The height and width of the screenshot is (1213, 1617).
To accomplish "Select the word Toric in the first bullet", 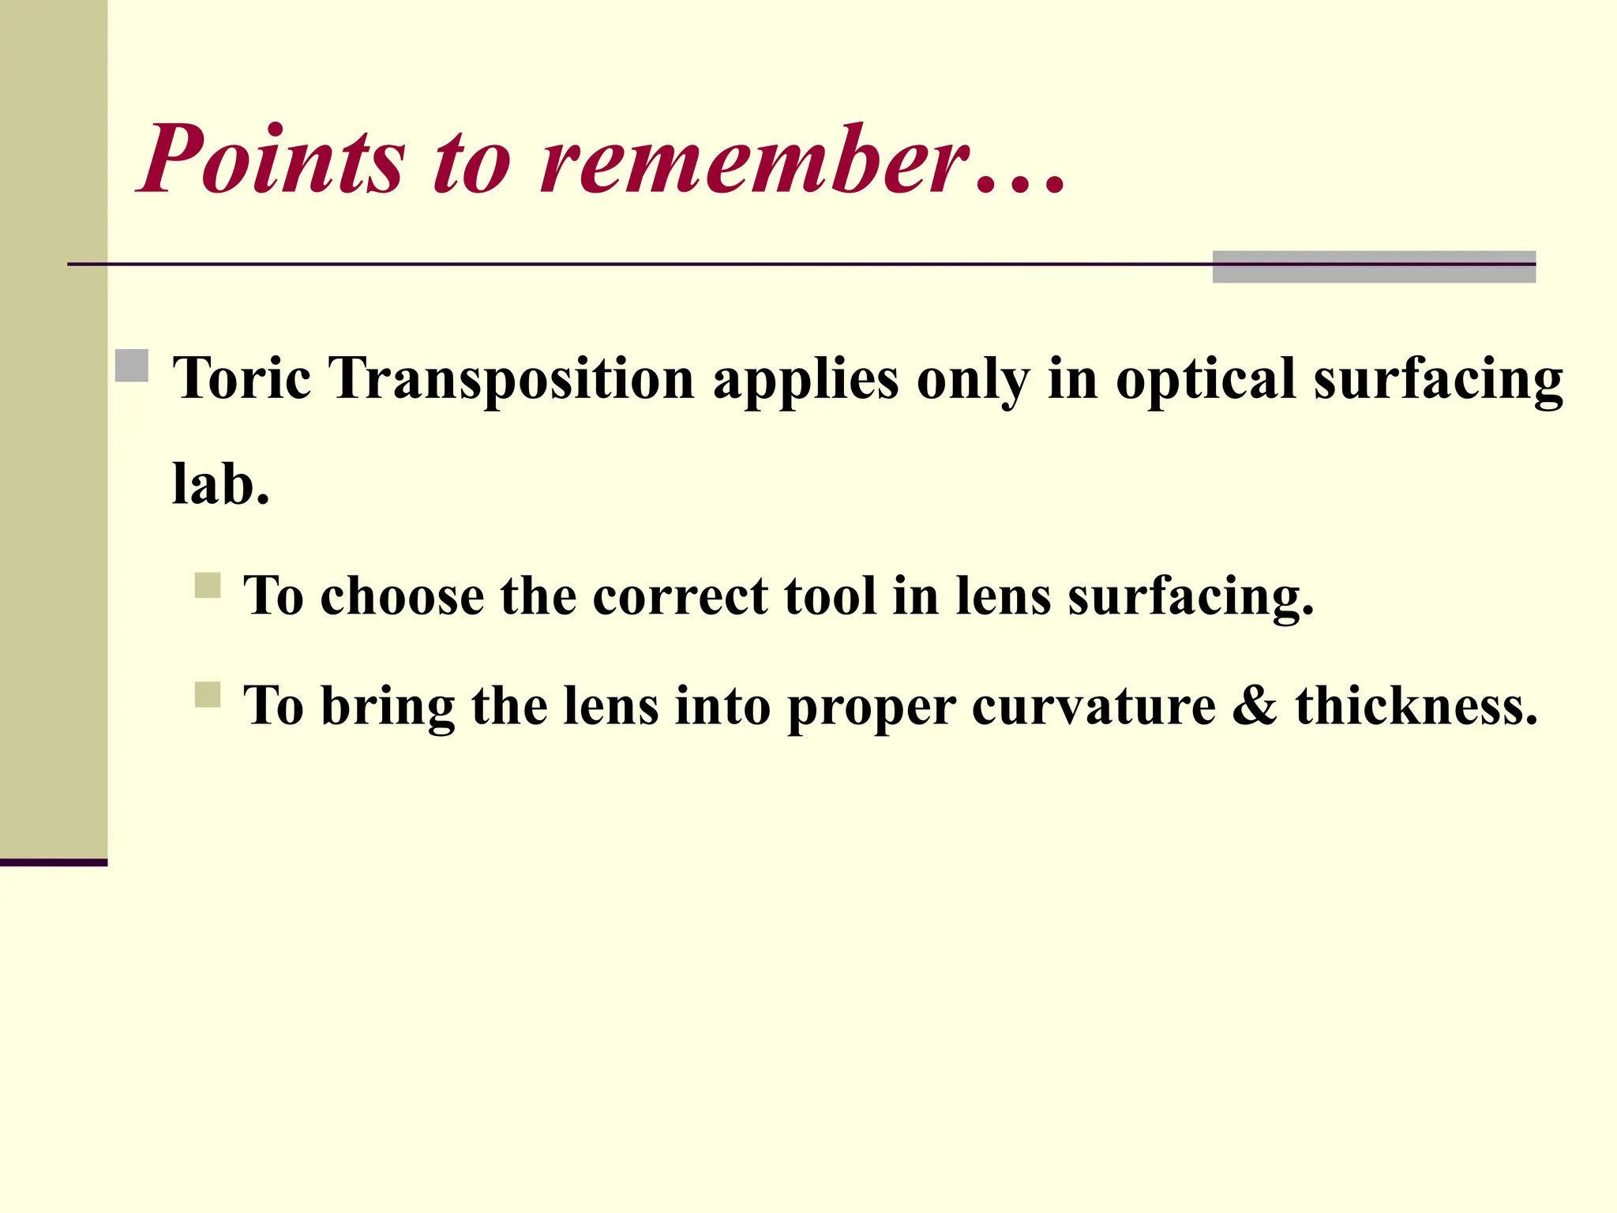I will [x=242, y=379].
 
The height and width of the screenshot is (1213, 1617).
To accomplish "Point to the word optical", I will [x=1206, y=379].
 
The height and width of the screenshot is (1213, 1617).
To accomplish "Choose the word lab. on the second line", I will [x=221, y=484].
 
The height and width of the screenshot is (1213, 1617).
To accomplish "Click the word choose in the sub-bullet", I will [x=402, y=596].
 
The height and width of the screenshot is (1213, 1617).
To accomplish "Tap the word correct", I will [x=680, y=596].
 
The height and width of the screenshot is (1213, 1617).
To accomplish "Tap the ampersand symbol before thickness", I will [x=1255, y=705].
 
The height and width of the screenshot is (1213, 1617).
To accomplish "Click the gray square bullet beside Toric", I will [x=132, y=366].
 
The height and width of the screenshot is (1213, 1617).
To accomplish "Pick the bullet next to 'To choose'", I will [x=208, y=586].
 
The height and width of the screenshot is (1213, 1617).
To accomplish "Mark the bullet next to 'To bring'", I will [x=208, y=695].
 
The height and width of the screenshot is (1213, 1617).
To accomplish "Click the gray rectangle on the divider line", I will [x=1374, y=267].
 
